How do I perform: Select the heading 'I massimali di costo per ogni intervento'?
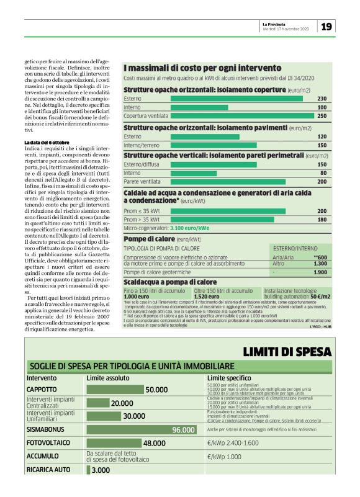(202, 68)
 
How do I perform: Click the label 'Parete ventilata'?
(140, 182)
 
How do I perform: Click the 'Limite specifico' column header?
(229, 377)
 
